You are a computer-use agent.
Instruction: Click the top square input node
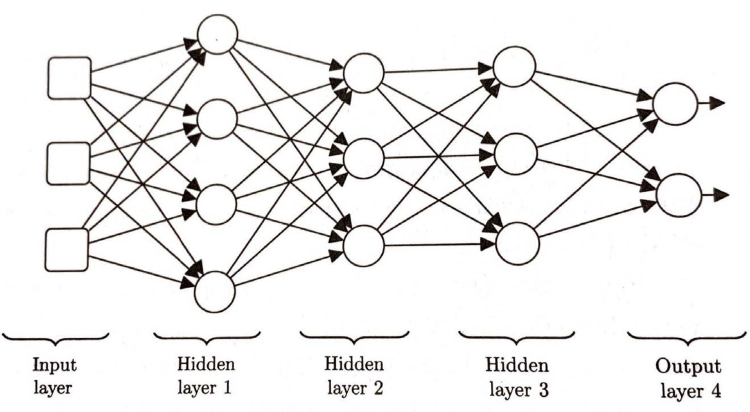69,78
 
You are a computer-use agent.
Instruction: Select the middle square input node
68,164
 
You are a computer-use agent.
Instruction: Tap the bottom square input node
67,250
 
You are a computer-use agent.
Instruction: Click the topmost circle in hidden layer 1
217,34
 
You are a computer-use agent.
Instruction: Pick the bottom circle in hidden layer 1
215,292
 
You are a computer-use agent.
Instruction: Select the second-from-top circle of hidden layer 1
217,119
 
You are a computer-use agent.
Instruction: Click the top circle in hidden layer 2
364,73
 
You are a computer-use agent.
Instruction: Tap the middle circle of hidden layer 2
364,159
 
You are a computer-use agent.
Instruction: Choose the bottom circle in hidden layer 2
363,246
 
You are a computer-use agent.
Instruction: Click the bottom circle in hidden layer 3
518,243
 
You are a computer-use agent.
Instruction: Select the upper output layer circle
675,104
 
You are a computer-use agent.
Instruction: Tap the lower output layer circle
678,195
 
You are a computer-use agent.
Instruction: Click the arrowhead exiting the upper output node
717,103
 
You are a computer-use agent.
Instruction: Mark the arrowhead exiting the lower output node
721,195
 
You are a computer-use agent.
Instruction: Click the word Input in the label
55,366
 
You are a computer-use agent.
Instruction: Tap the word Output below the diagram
688,367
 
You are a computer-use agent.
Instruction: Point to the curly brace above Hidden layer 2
354,338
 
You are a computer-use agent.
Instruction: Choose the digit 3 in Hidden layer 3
543,390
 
